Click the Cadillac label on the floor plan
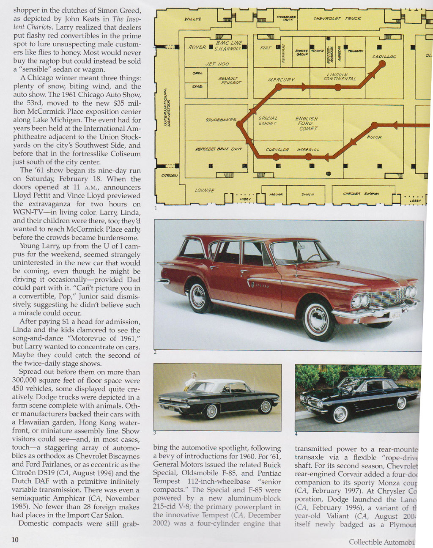pyautogui.click(x=384, y=57)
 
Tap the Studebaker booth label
pyautogui.click(x=221, y=120)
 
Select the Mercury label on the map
pyautogui.click(x=281, y=79)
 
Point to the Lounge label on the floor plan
pyautogui.click(x=204, y=190)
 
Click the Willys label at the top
pyautogui.click(x=192, y=19)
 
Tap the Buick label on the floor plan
pyautogui.click(x=374, y=137)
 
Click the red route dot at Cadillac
pyautogui.click(x=382, y=64)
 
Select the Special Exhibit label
pyautogui.click(x=268, y=121)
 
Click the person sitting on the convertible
pyautogui.click(x=193, y=379)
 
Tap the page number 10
pyautogui.click(x=15, y=540)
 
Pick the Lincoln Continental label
pyautogui.click(x=340, y=77)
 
